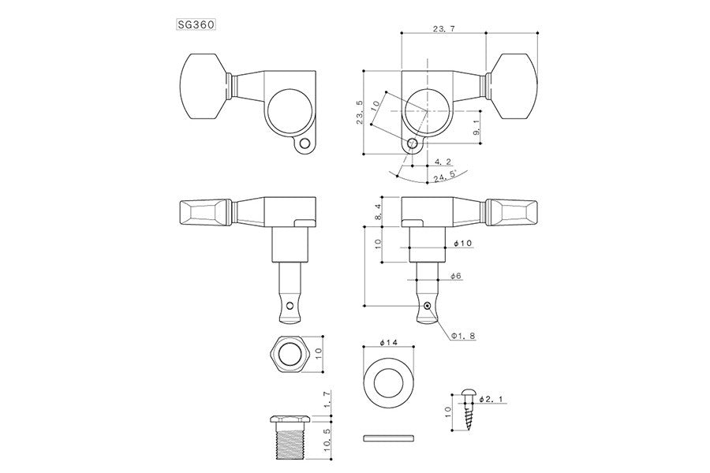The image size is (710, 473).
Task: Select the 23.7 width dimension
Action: [x=443, y=29]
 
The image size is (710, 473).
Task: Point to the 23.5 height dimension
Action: [x=361, y=113]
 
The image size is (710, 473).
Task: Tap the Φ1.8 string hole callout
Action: [x=464, y=337]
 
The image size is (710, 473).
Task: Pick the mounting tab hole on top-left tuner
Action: [x=305, y=145]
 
